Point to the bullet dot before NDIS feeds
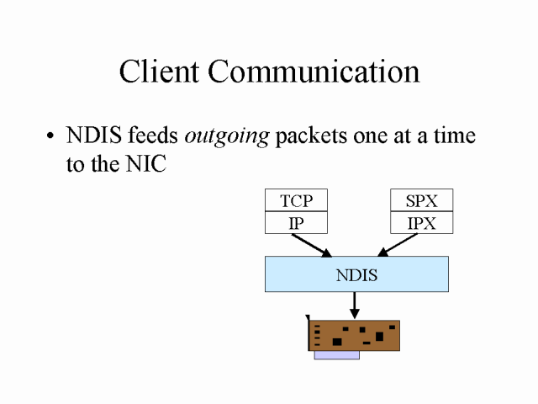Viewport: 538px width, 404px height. pyautogui.click(x=51, y=137)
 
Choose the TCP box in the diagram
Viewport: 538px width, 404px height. pyautogui.click(x=296, y=200)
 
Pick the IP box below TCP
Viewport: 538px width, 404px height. pyautogui.click(x=296, y=223)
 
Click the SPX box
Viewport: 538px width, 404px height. pyautogui.click(x=422, y=200)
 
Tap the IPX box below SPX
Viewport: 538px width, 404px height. pyautogui.click(x=422, y=223)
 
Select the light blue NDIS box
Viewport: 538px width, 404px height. pyautogui.click(x=356, y=274)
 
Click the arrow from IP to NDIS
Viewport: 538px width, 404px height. pyautogui.click(x=310, y=245)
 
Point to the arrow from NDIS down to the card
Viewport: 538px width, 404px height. pyautogui.click(x=355, y=304)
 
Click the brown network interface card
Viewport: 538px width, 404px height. pyautogui.click(x=354, y=335)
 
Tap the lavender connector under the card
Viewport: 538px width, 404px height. pyautogui.click(x=336, y=355)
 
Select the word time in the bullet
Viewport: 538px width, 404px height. pyautogui.click(x=453, y=136)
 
